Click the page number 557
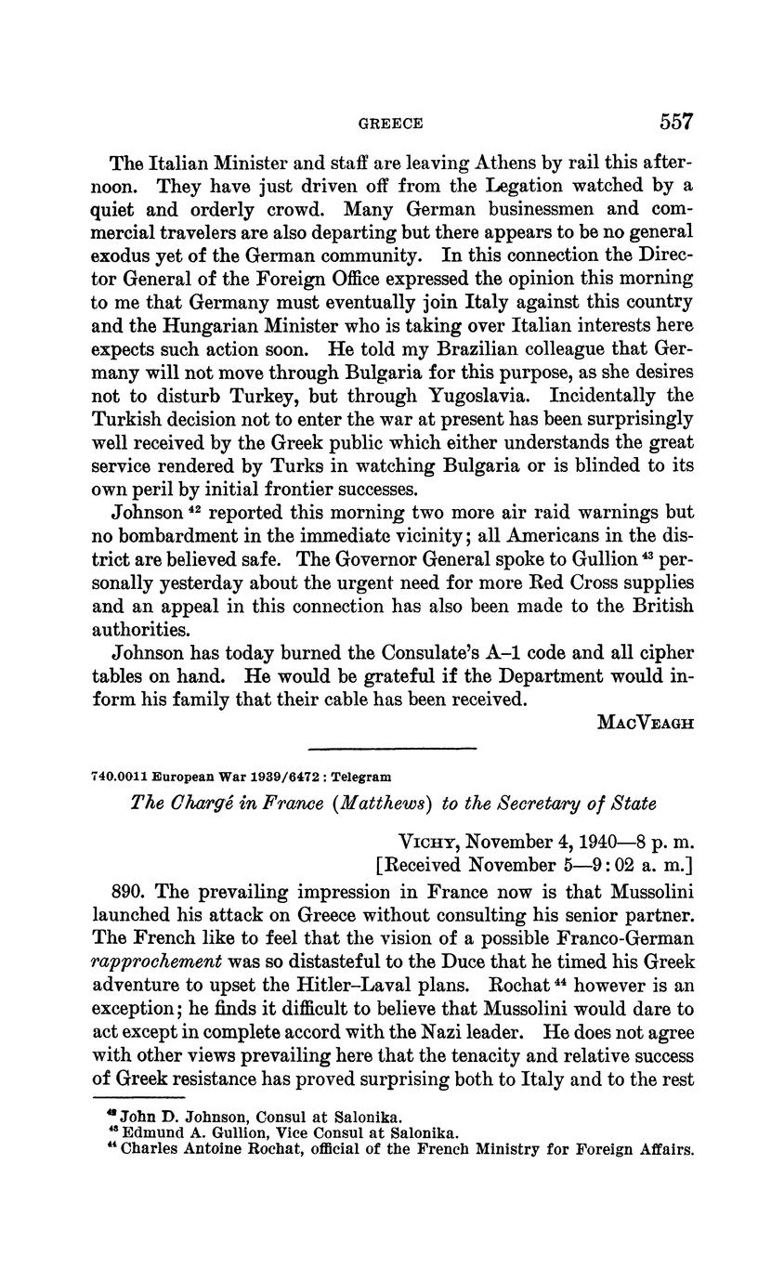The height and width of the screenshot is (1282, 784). click(676, 122)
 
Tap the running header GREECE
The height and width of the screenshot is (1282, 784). click(391, 124)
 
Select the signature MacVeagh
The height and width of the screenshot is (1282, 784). click(645, 723)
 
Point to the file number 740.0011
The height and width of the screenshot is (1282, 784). click(118, 776)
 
